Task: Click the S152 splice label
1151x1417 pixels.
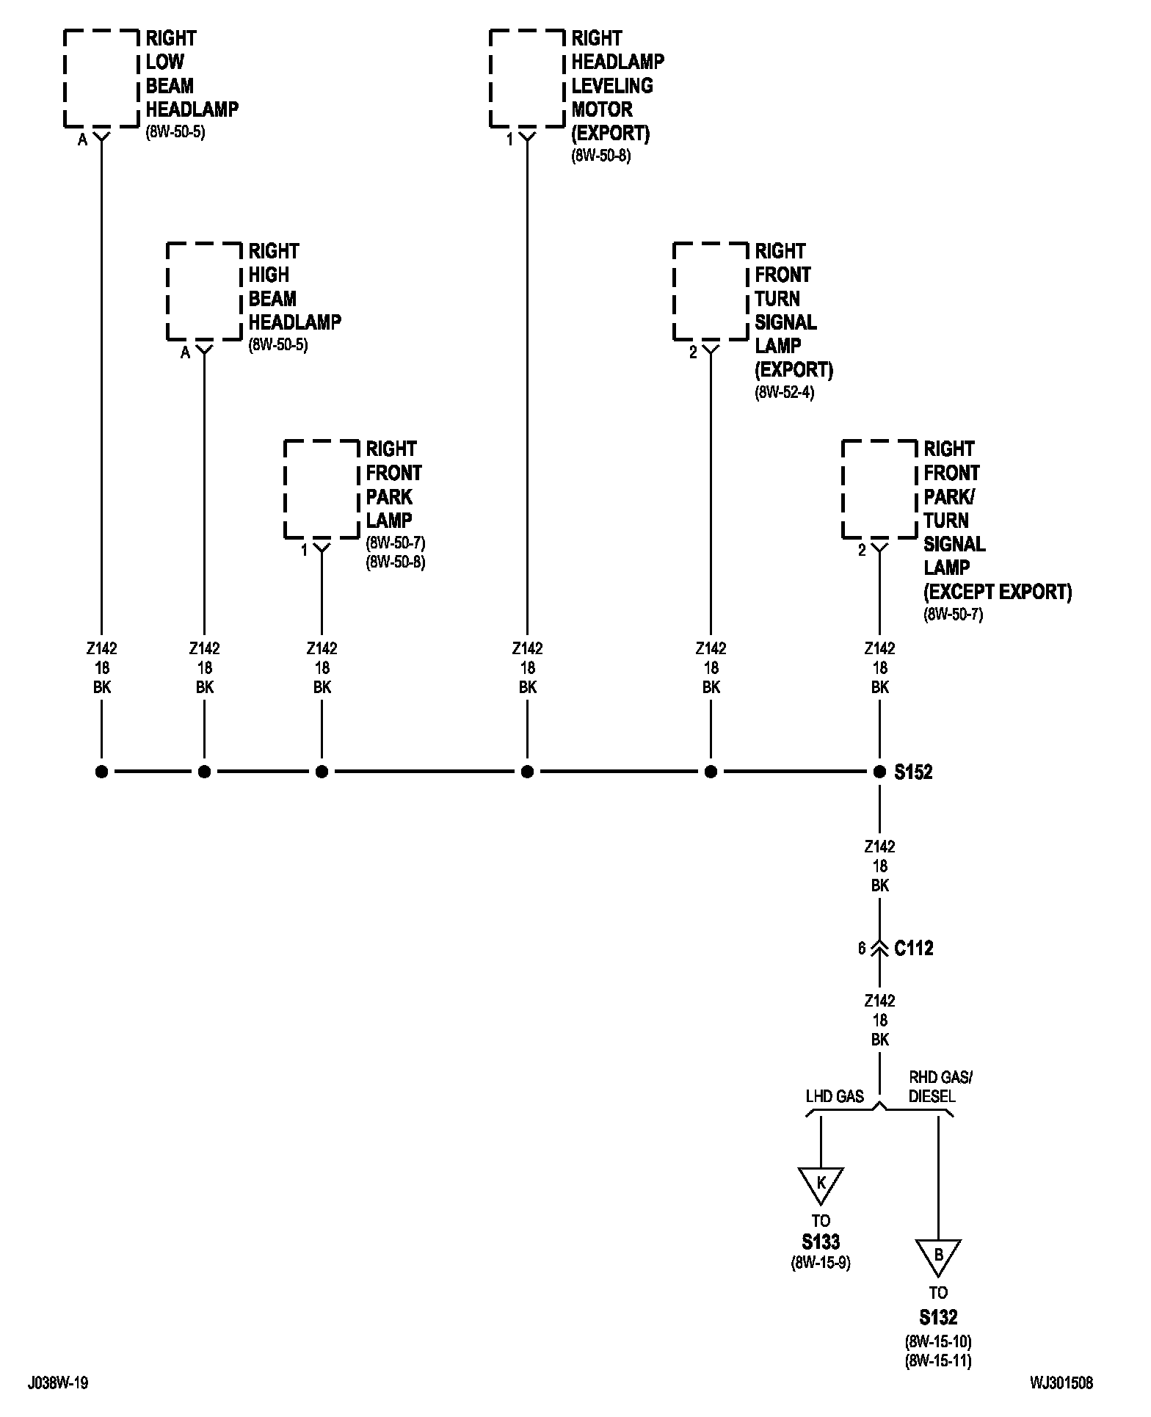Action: point(913,772)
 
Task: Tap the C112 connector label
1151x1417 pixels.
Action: point(914,949)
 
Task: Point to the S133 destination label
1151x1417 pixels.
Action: point(821,1242)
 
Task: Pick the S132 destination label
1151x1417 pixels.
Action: point(938,1316)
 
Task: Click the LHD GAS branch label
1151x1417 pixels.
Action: point(835,1097)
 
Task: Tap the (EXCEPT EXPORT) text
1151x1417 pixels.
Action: point(998,592)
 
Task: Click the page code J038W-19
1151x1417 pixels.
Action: point(58,1383)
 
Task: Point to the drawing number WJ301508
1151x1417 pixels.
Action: point(1061,1383)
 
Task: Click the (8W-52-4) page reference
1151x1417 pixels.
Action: point(785,393)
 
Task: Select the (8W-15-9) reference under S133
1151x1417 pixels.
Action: point(821,1263)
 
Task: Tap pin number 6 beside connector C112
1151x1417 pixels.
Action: point(862,949)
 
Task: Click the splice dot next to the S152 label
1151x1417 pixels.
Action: point(879,772)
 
